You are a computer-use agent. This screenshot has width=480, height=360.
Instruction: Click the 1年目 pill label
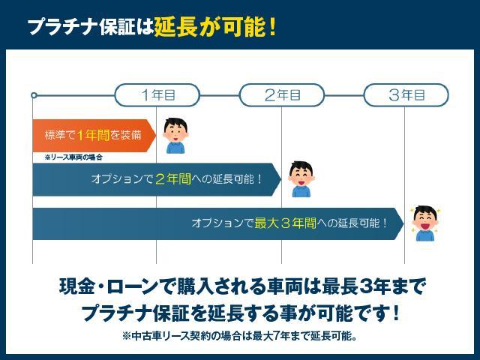[x=157, y=95]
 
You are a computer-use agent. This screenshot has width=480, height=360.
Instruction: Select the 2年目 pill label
[x=282, y=95]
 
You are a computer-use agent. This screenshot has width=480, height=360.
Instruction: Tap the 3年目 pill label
[x=406, y=95]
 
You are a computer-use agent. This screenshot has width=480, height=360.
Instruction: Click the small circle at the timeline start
[x=34, y=95]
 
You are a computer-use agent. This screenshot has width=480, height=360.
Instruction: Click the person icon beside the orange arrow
[x=175, y=136]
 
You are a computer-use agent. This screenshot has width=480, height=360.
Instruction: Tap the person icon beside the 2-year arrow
[x=300, y=179]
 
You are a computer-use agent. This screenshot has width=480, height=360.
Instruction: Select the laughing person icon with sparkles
[x=424, y=223]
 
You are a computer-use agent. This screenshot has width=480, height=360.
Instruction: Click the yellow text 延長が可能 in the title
[x=209, y=28]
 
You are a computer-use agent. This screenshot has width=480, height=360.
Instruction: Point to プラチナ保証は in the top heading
[x=90, y=28]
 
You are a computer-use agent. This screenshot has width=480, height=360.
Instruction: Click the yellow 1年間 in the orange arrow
[x=93, y=135]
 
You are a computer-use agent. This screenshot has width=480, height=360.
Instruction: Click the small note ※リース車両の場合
[x=73, y=157]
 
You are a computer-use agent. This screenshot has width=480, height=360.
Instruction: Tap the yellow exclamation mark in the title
[x=272, y=28]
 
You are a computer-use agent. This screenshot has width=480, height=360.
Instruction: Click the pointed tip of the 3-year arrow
[x=402, y=223]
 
